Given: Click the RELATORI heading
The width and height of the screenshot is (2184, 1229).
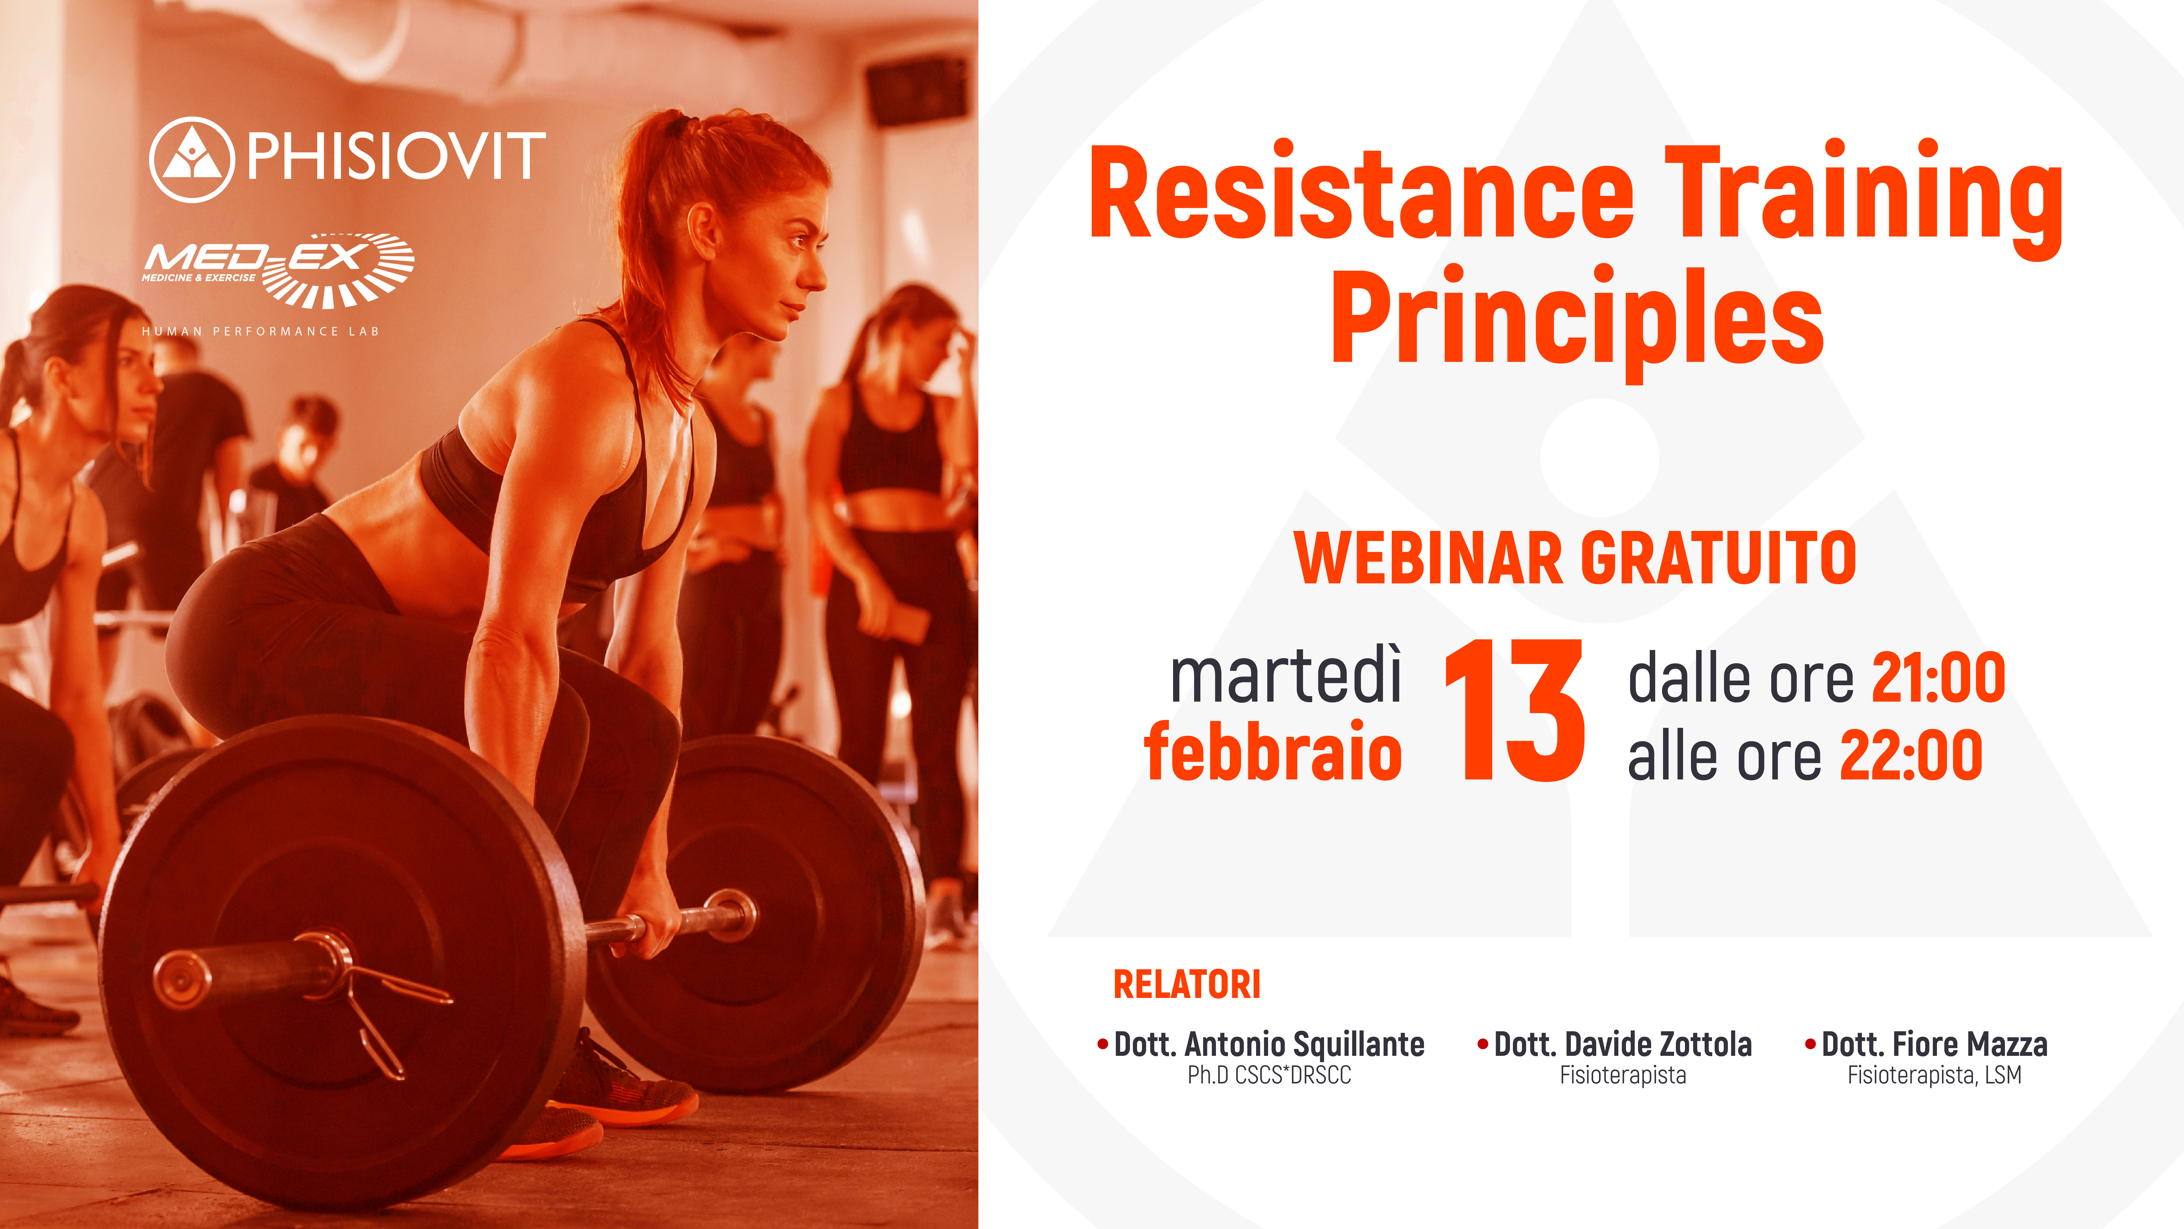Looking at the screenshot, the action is click(1187, 985).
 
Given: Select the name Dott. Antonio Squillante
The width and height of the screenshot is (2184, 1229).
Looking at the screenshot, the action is click(1269, 1044).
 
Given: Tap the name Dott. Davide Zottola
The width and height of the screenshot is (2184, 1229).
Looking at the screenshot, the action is click(1623, 1044).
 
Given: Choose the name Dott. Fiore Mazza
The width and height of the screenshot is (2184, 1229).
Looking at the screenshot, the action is click(1935, 1044).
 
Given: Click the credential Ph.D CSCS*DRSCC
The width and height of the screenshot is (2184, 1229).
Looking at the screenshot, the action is click(1269, 1076).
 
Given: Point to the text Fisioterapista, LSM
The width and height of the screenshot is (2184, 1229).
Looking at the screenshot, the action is click(1935, 1076).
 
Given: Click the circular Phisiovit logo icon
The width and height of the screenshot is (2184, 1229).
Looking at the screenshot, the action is click(192, 159).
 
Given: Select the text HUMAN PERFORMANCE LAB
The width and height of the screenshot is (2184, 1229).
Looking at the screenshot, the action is click(260, 332).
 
